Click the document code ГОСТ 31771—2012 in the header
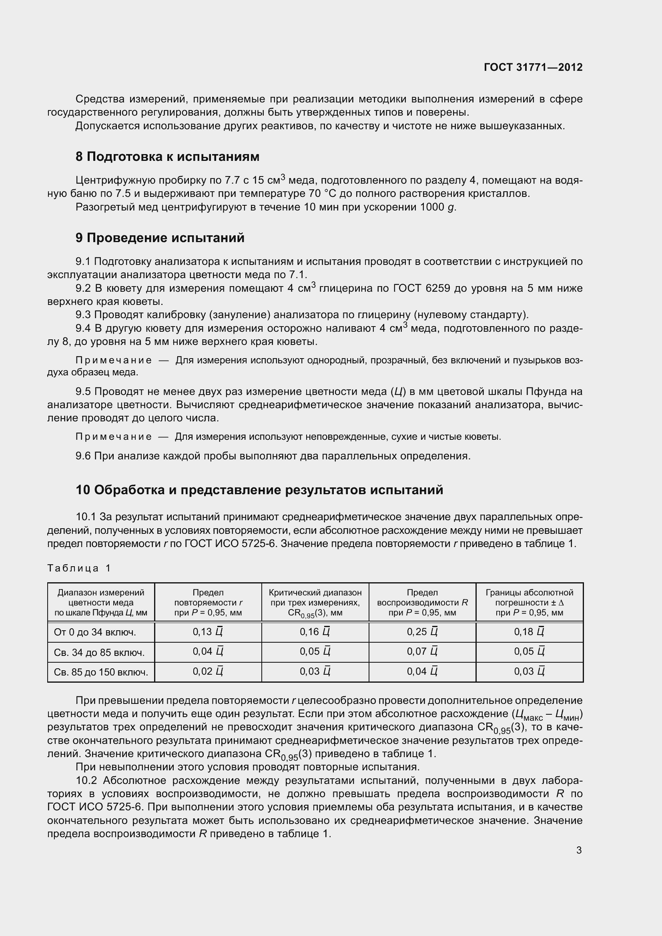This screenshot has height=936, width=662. [533, 67]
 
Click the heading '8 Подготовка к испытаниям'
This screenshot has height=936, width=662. [167, 156]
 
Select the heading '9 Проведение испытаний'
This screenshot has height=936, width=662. [160, 238]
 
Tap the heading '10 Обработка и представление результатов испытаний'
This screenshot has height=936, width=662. [259, 489]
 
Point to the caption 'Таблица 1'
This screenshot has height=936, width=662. [79, 568]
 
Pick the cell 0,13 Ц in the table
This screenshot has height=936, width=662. [208, 632]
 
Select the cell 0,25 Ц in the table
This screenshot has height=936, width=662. [422, 632]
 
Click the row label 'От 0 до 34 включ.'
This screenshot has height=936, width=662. [95, 632]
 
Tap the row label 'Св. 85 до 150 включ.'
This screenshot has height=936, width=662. [101, 672]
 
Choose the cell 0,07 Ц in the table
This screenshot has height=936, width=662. [422, 651]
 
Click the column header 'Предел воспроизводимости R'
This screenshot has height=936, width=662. [422, 603]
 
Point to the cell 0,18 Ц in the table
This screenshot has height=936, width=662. [529, 632]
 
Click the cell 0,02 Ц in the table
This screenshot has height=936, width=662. [208, 671]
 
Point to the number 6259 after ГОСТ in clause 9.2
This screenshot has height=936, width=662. [437, 288]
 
